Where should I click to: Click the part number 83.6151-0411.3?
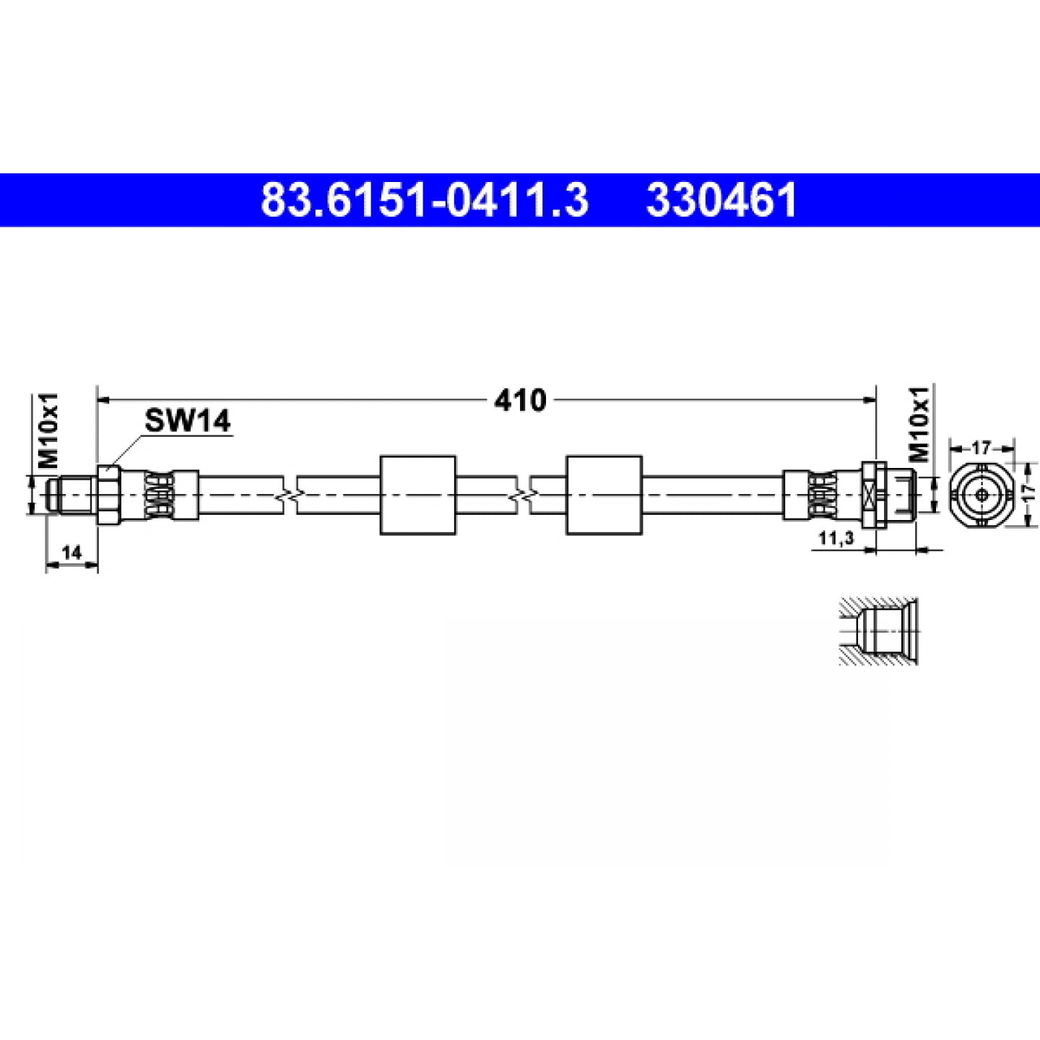coord(424,199)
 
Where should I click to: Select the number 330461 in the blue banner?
coord(721,199)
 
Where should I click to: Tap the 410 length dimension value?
coord(520,400)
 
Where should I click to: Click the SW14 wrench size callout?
coord(187,420)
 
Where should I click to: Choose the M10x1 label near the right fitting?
coord(919,424)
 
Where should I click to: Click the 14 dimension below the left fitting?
coord(71,552)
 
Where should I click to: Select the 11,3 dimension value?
coord(836,537)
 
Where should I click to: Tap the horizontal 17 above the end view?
coord(981,447)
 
